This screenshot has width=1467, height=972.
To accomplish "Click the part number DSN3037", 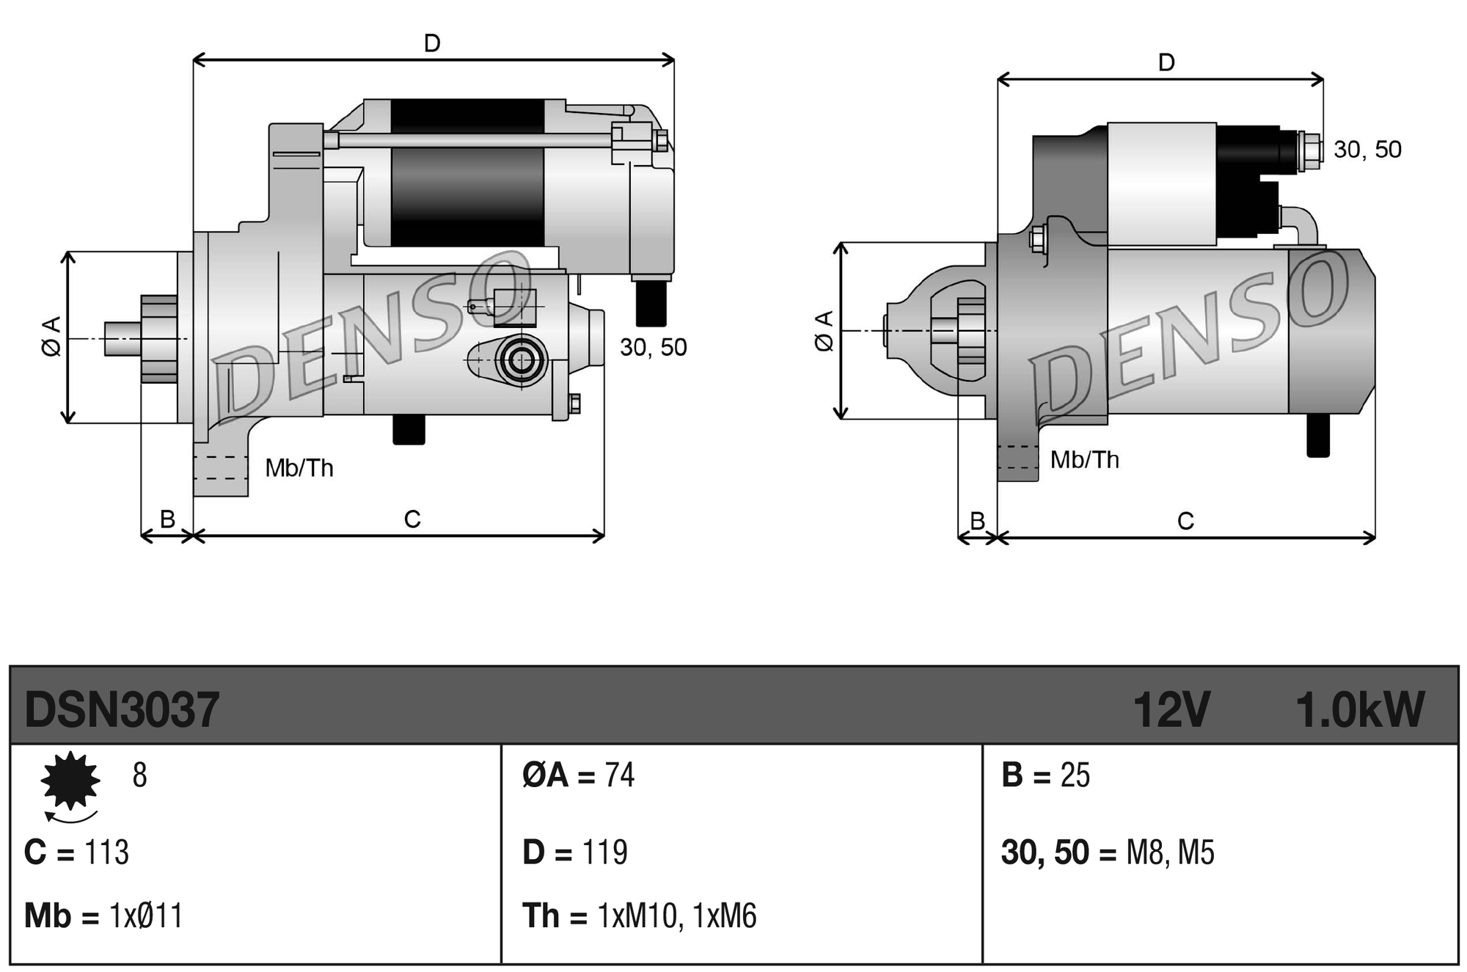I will click(122, 709).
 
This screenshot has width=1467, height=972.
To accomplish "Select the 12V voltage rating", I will click(1171, 709).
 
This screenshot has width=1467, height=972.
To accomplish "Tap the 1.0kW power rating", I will click(1359, 709).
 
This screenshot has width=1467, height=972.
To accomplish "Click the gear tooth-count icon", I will click(70, 781).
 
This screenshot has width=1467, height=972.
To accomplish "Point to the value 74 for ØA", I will click(619, 775).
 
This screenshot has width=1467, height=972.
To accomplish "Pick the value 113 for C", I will click(106, 852).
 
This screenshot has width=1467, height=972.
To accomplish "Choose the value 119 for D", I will click(604, 852).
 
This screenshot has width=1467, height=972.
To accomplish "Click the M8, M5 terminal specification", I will click(1170, 852).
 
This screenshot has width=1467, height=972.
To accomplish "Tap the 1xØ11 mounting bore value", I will click(145, 916).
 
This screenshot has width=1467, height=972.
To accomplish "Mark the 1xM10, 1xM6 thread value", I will click(676, 916).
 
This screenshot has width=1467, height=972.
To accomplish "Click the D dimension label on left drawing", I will click(432, 43).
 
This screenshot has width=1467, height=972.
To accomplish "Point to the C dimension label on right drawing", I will click(1185, 521).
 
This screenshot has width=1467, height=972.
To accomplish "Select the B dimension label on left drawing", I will click(167, 519).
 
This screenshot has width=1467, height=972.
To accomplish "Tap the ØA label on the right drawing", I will click(824, 331).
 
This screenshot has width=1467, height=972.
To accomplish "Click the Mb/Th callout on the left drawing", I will click(299, 468).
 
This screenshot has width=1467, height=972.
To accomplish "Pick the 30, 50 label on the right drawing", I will click(1367, 150).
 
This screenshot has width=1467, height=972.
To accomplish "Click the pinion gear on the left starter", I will click(159, 339).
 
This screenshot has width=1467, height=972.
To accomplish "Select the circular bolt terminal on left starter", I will click(522, 360).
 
